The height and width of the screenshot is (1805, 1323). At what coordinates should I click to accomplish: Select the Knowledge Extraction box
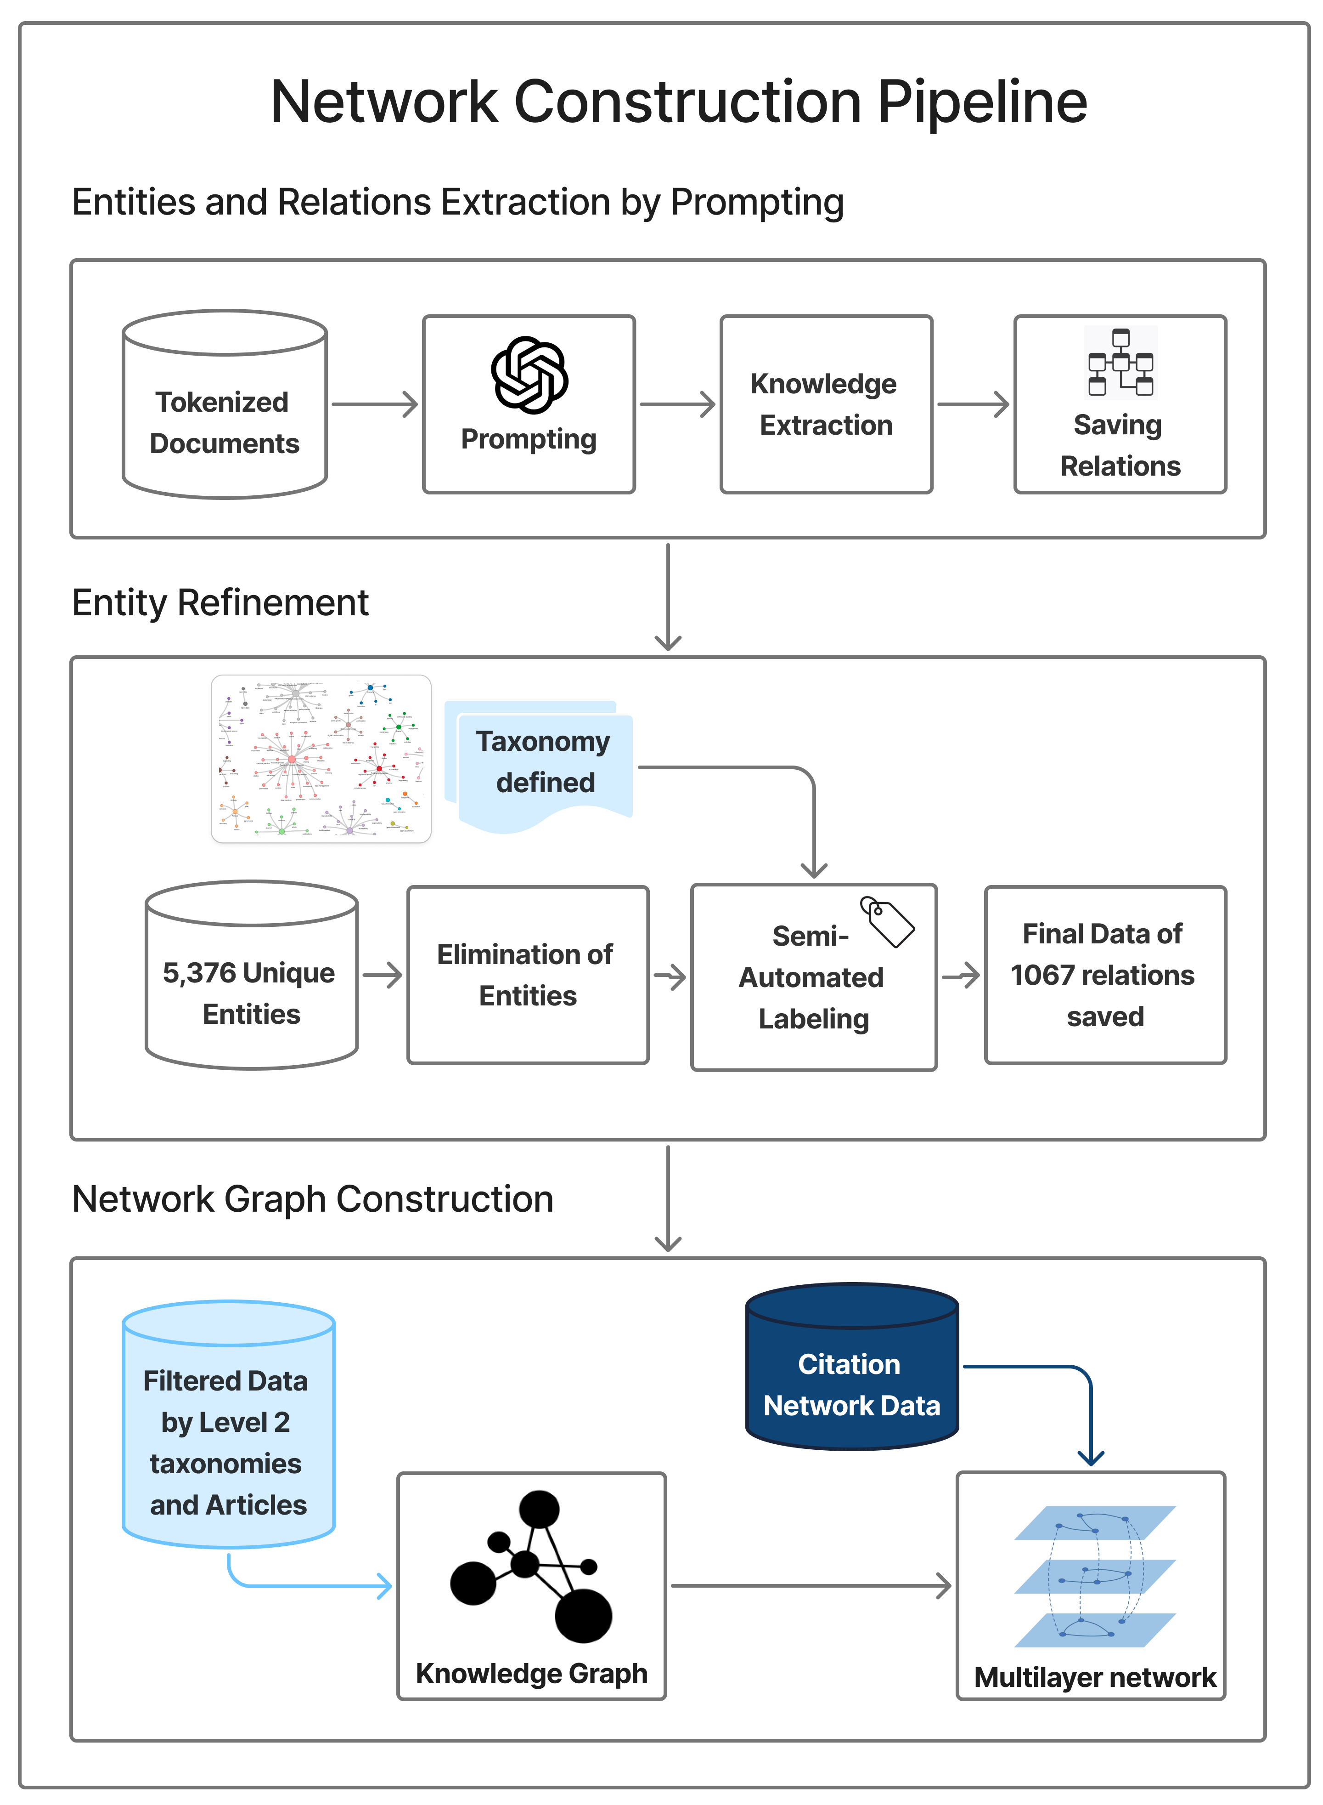826,404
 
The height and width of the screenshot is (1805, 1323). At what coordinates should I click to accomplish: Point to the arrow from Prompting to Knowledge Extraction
677,404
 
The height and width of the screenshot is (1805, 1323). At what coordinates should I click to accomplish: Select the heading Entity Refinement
220,602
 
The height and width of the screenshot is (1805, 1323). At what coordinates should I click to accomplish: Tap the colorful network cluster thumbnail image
321,758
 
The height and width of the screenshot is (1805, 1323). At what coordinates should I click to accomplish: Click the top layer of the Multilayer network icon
1094,1522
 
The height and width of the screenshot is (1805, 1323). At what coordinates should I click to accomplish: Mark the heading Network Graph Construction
312,1199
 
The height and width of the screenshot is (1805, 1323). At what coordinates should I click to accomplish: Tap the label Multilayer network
1094,1677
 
